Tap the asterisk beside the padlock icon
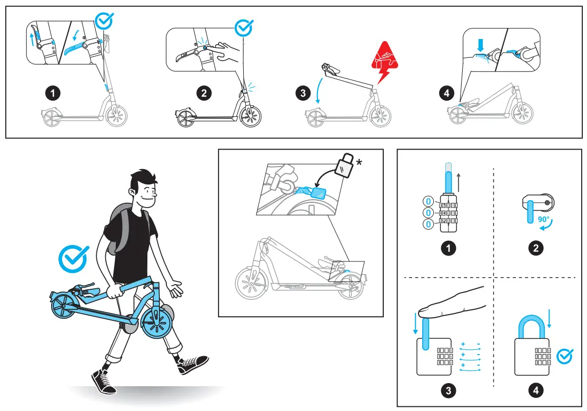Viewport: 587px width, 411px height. point(360,162)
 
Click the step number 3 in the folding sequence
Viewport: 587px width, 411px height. point(302,94)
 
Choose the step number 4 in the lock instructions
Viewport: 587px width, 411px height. point(536,390)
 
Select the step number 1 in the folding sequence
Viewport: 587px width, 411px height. point(52,94)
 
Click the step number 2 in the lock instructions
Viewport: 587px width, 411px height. point(536,248)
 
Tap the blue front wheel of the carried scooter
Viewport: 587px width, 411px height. point(156,324)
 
